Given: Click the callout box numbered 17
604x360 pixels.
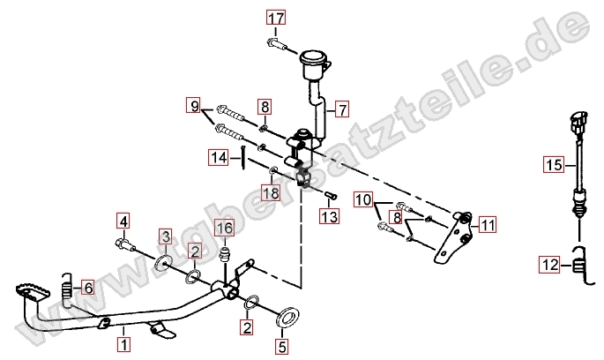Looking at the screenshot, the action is (x=277, y=18).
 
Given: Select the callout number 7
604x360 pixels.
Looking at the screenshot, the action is (x=342, y=109).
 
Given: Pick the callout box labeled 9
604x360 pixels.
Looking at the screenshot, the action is (x=193, y=105).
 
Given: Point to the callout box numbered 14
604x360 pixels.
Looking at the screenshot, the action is (x=219, y=157).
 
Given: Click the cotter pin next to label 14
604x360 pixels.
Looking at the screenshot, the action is (x=244, y=157).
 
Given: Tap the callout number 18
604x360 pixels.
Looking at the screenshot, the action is (x=271, y=192).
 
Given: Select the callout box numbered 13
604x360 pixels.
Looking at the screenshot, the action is (x=330, y=216).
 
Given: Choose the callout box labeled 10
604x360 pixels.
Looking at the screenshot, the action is (x=363, y=200).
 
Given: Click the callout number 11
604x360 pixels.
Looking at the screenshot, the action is (x=488, y=225).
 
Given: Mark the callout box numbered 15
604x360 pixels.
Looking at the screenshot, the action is (x=554, y=165).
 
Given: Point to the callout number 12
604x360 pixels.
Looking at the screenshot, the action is (x=549, y=266).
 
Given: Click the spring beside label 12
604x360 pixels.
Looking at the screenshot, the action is (x=579, y=266).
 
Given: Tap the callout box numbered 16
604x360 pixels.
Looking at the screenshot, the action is (x=225, y=228).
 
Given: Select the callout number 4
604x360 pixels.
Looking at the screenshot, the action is (x=123, y=221).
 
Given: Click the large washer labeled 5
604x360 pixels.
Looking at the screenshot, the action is (x=287, y=316).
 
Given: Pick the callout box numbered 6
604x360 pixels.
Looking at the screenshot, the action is (x=88, y=288).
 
